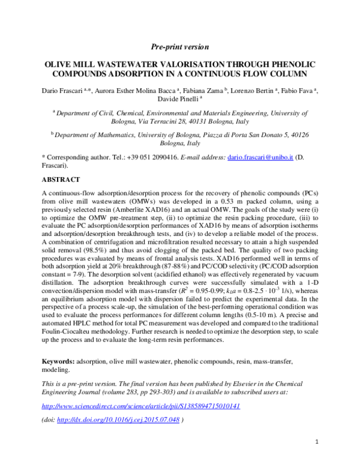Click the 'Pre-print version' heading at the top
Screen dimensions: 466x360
point(179,46)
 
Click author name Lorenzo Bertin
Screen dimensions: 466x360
point(253,89)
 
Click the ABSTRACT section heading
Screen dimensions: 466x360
point(61,179)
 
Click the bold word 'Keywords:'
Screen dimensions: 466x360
point(58,362)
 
